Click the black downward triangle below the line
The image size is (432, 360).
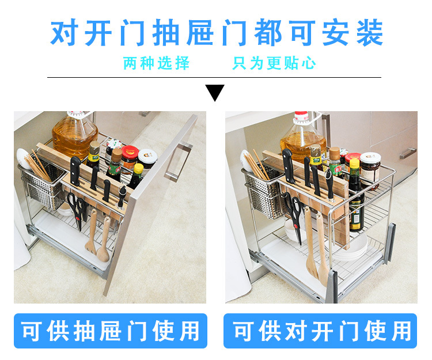215,92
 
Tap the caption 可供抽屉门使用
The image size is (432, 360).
110,331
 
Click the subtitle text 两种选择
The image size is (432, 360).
156,63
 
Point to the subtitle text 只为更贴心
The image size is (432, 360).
274,63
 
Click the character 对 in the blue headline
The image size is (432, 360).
64,32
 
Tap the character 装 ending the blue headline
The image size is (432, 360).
369,32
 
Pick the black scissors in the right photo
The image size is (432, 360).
294,218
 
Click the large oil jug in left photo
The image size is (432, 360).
74,135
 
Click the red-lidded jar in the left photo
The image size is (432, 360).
129,159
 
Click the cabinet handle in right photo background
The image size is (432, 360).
408,153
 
